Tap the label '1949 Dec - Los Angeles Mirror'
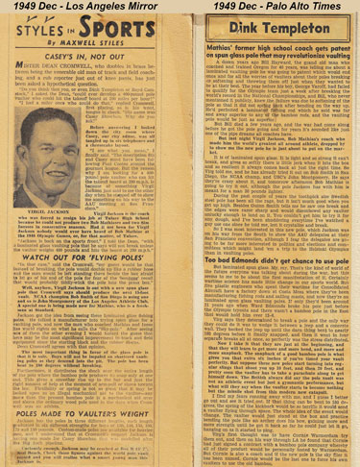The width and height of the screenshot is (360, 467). pyautogui.click(x=85, y=8)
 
